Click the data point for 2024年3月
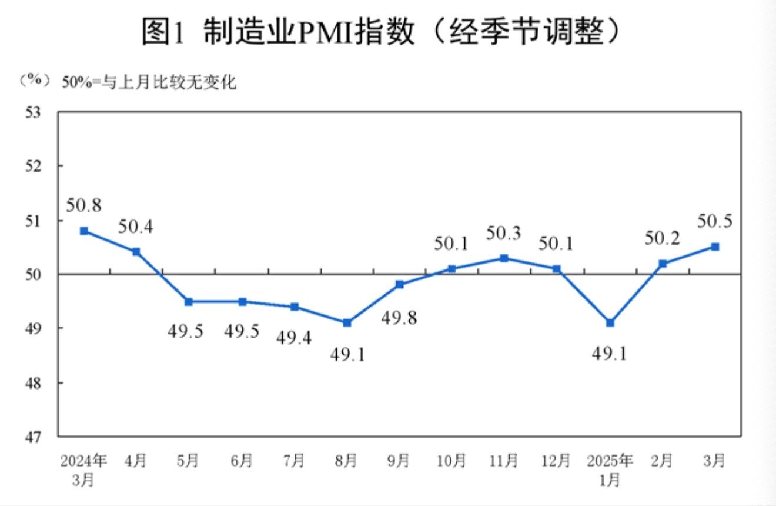84,231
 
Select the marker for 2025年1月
610,322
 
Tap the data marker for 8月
347,322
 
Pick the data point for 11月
504,258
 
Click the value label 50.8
83,205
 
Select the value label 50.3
504,233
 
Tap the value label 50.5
714,221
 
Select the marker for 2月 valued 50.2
663,264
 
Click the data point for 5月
189,301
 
